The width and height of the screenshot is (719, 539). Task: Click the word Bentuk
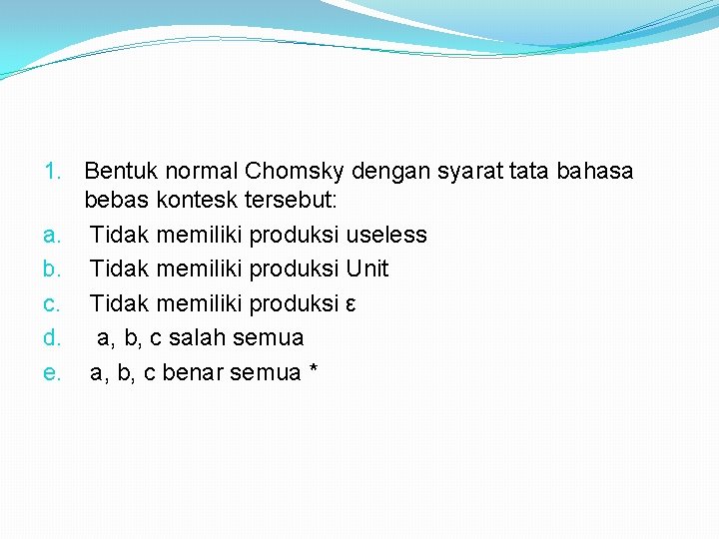[119, 172]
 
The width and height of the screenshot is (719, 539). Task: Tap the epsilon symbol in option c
[350, 303]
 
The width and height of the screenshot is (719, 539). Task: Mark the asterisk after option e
[314, 371]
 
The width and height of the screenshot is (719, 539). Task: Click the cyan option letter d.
[53, 337]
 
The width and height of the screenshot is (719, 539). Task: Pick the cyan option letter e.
[53, 372]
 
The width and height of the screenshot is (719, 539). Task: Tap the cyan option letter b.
[53, 269]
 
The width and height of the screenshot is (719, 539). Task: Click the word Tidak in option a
[116, 235]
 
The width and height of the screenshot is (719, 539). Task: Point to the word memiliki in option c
[195, 302]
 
